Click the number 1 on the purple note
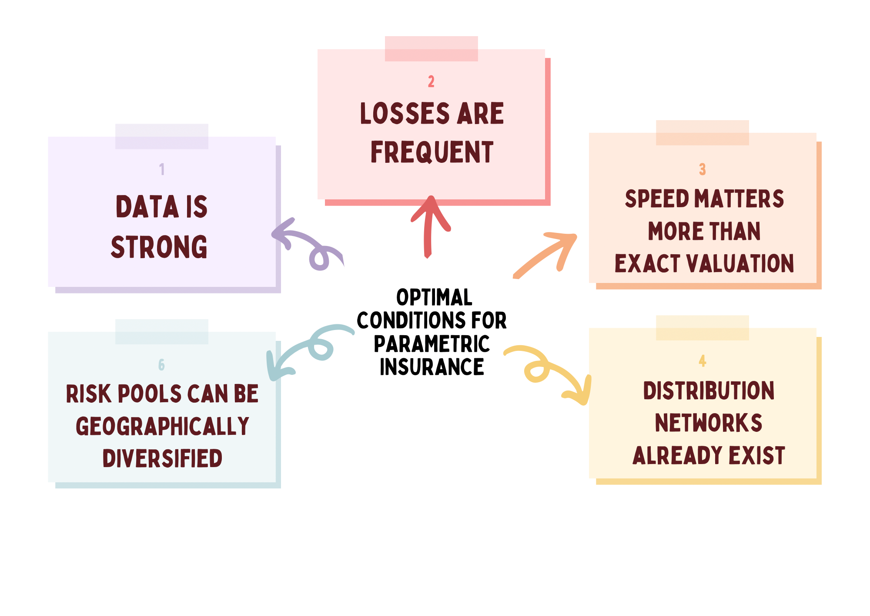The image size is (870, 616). [x=162, y=169]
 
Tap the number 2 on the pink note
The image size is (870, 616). [x=431, y=81]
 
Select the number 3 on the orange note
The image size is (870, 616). [x=702, y=169]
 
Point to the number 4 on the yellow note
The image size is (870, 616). [x=702, y=360]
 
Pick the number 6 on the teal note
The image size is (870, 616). [x=161, y=364]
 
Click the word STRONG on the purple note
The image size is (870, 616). [x=159, y=247]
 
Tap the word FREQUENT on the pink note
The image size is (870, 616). [x=432, y=152]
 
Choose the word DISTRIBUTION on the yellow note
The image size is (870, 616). [x=709, y=390]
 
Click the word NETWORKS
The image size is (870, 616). [x=709, y=423]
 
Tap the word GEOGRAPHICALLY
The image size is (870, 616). [x=162, y=426]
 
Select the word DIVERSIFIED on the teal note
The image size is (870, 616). [x=162, y=458]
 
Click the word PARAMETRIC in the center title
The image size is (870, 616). [x=432, y=344]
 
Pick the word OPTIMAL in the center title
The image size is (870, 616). [x=434, y=297]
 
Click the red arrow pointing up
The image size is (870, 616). [x=429, y=227]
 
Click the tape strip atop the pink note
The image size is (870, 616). [x=431, y=49]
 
